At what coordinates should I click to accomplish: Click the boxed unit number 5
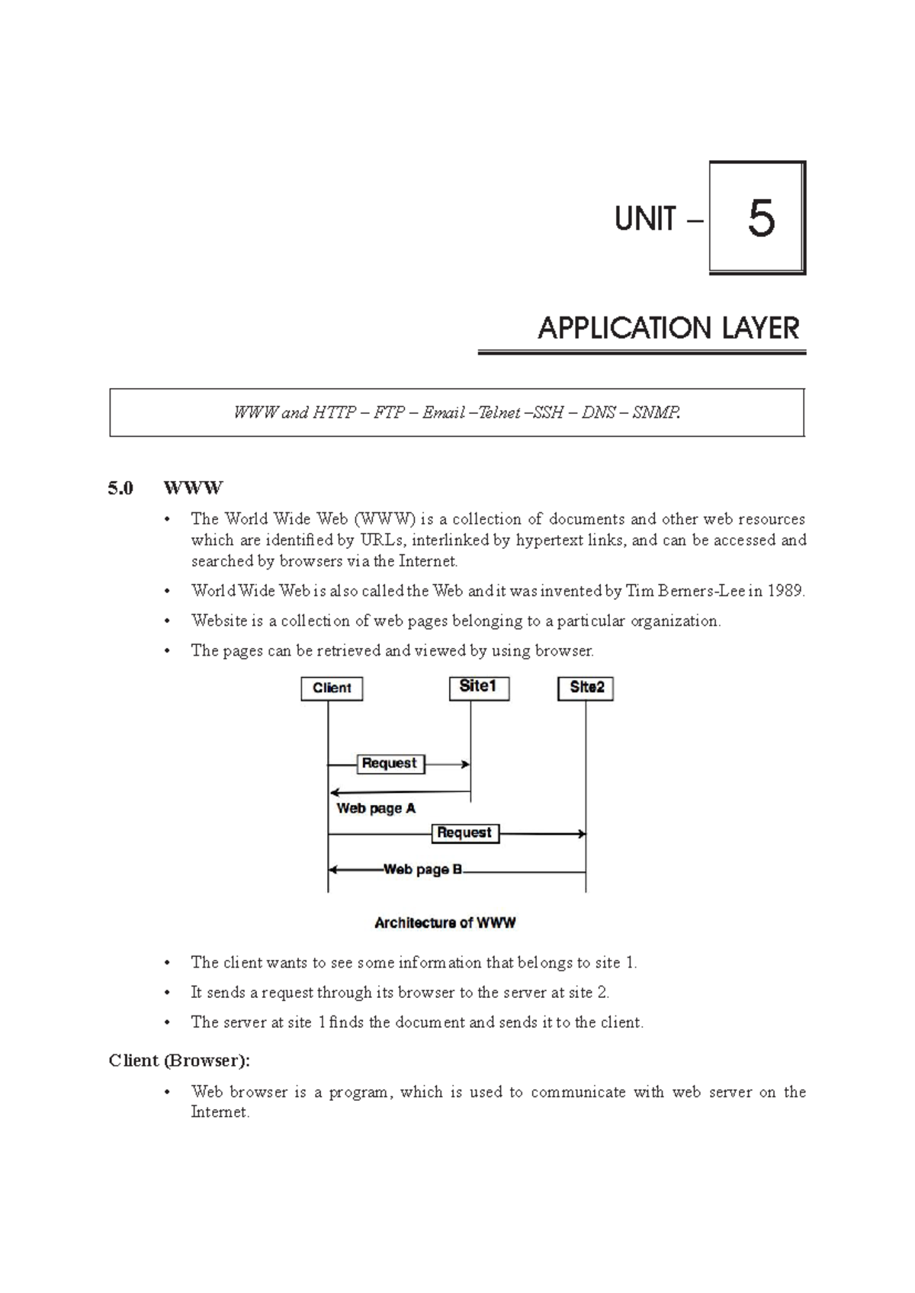pos(759,219)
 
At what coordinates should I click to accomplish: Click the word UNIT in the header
pos(645,220)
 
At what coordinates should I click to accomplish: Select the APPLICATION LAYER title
pos(668,329)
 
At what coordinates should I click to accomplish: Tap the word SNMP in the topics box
pos(655,413)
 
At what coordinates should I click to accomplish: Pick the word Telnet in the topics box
pos(499,413)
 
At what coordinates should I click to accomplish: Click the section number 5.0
pos(120,488)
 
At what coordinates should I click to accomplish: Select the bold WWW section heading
pos(193,488)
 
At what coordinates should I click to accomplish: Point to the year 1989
pos(785,591)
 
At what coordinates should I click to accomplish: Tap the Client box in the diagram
pos(332,688)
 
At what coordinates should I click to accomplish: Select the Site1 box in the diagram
pos(478,687)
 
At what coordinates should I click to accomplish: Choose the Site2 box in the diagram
pos(586,688)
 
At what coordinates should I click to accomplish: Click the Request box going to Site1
pos(390,763)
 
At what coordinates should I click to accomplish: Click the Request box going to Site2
pos(464,833)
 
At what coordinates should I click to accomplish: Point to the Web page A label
pos(376,808)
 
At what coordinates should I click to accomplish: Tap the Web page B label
pos(422,869)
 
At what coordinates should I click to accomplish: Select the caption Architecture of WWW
pos(445,923)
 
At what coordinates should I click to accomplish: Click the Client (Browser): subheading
pos(179,1060)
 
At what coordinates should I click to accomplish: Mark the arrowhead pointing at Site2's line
pos(582,834)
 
